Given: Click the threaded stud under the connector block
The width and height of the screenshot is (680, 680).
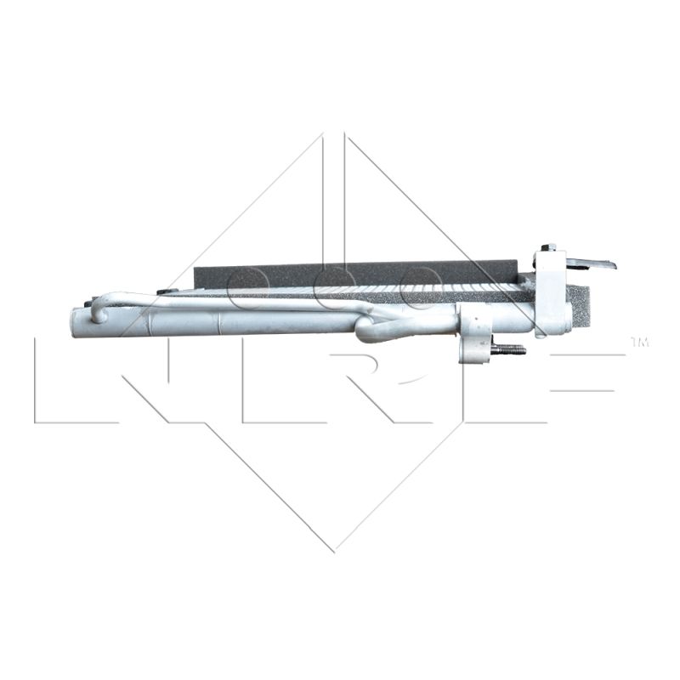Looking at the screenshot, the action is [507, 348].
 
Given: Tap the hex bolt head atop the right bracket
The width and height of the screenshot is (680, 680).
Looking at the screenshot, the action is [549, 247].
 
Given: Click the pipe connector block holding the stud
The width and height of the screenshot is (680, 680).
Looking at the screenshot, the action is [476, 338].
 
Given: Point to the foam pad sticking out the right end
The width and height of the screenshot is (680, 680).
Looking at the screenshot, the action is [578, 307].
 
